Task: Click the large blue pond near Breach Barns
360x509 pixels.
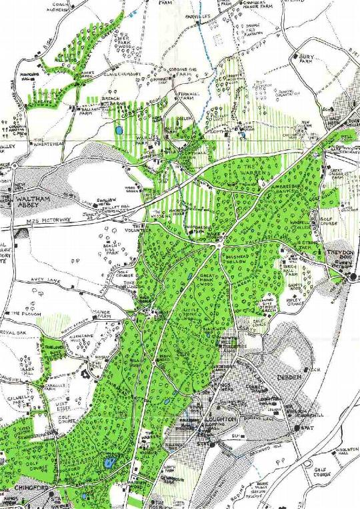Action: [x=119, y=131]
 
